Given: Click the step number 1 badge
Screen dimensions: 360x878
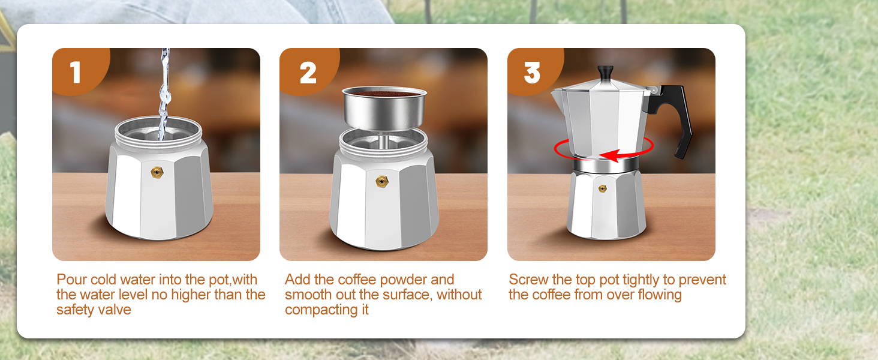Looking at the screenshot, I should [76, 72].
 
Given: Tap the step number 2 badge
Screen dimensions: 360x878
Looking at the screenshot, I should [308, 72].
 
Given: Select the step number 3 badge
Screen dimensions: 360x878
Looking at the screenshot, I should [532, 72].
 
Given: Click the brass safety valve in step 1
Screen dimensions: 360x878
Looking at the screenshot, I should [157, 173].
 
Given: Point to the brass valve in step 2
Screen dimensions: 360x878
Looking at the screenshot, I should [380, 181].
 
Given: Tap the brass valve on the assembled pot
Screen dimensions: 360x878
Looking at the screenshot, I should [602, 188].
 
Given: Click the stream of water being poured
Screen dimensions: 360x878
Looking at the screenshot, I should [164, 90].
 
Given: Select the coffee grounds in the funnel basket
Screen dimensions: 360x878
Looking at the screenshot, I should [384, 94].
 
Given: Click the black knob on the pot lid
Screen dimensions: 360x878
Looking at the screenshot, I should [605, 71].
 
